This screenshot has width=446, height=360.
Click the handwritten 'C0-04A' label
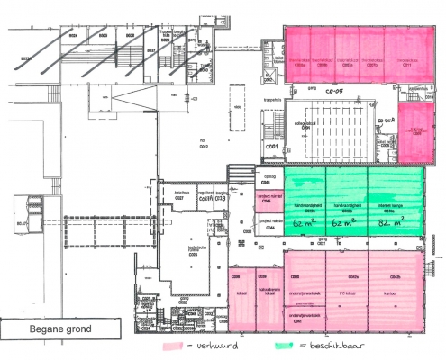(x=387, y=120)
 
